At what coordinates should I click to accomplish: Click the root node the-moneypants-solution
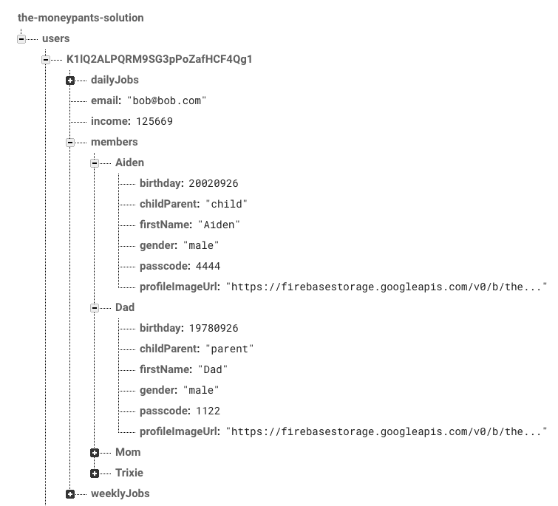pos(81,17)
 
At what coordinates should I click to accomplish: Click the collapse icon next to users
pos(21,38)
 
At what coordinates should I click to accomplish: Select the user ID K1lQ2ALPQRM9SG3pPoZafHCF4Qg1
pos(159,59)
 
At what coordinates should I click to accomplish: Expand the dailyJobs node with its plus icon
pos(70,80)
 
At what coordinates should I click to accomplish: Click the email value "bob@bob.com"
pos(166,100)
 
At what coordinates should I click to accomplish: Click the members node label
pos(114,142)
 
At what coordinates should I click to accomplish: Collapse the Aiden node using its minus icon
pos(95,163)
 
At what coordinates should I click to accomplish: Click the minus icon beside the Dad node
pos(95,307)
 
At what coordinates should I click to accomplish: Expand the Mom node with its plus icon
pos(95,452)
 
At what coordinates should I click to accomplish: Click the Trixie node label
pos(129,473)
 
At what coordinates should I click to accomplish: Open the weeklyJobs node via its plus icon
pos(70,493)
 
